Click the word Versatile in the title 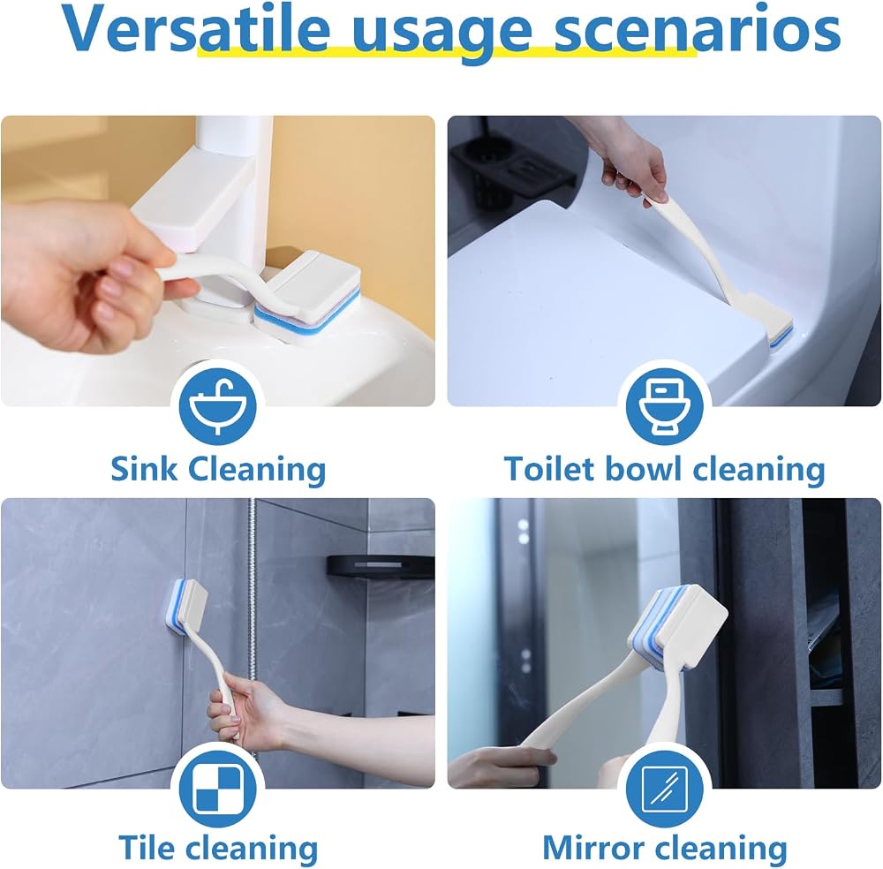[195, 29]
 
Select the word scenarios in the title [698, 29]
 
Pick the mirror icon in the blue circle [665, 789]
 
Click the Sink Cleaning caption [218, 470]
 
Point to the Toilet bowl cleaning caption [665, 470]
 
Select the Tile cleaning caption [218, 849]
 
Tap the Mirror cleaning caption [665, 849]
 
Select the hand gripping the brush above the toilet [630, 164]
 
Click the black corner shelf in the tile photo [381, 566]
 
